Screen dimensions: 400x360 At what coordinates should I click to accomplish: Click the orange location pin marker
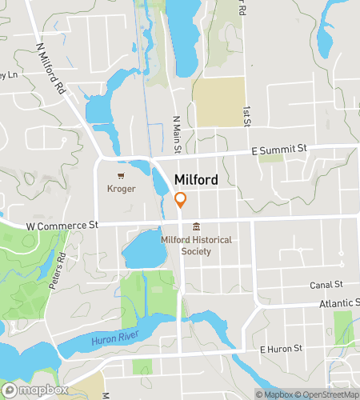(181, 200)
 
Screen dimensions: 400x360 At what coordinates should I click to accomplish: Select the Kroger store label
(122, 189)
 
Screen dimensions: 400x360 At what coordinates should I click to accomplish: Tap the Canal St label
(326, 284)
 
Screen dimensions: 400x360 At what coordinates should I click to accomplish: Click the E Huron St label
(281, 349)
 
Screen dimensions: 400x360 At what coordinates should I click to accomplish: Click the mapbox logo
(35, 390)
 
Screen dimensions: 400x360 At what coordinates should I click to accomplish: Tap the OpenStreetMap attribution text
(326, 394)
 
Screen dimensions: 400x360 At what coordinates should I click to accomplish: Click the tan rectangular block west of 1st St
(218, 102)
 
